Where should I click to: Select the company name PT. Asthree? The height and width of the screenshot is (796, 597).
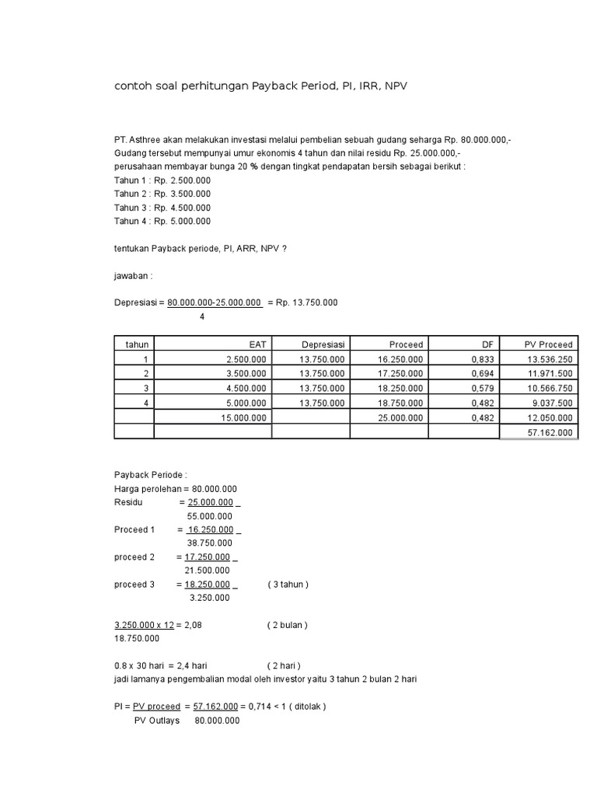pos(138,140)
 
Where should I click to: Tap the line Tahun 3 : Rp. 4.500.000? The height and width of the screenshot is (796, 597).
pos(162,208)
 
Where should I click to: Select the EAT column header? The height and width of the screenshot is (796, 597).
pos(257,344)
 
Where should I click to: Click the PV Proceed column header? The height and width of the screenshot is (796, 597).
pos(549,344)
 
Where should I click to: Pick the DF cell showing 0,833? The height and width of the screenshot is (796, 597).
pos(484,359)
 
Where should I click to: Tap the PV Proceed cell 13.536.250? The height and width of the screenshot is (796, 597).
pos(550,359)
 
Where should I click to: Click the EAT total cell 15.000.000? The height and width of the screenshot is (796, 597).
pos(245,417)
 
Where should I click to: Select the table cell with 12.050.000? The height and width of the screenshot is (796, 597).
pos(550,417)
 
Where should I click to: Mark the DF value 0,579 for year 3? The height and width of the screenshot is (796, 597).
pos(484,388)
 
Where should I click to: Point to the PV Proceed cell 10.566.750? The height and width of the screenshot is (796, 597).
pos(550,388)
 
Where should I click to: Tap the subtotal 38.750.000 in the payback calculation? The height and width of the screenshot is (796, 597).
pos(209,543)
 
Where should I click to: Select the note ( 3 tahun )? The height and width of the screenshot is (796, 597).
pos(288,584)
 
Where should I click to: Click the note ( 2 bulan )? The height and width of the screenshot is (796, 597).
pos(288,624)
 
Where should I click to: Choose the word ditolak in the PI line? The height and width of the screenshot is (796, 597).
pos(309,707)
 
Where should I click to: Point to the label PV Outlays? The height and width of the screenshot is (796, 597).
pos(157,721)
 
